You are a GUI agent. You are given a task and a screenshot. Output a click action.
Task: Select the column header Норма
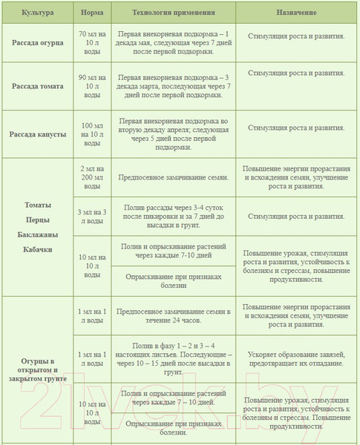tap(91, 14)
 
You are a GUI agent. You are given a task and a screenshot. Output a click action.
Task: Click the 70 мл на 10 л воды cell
tap(91, 43)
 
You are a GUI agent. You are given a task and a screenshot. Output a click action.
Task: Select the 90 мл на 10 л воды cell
tap(91, 86)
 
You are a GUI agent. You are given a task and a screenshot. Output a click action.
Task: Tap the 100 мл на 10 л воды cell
tap(91, 134)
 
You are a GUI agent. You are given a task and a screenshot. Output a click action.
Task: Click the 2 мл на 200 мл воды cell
tap(91, 178)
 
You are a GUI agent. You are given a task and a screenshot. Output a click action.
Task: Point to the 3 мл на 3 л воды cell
tap(91, 217)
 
